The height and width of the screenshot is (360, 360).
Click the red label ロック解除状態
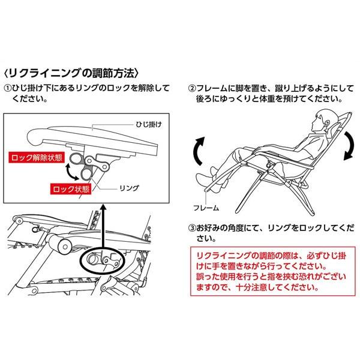coord(37,157)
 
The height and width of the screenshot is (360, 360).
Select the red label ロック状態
coord(71,189)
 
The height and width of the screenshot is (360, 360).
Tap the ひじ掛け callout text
coord(149,125)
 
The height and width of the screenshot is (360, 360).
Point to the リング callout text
coord(129,188)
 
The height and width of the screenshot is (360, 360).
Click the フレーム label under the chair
coord(206,208)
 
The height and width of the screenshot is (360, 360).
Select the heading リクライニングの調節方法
coord(71,73)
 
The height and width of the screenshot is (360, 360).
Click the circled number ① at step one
coord(8,88)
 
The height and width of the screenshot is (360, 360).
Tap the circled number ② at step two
coord(192,88)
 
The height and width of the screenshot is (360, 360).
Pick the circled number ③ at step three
coord(192,228)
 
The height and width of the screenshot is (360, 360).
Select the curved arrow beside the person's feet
coord(198,152)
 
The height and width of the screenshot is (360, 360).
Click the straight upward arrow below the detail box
coord(104,227)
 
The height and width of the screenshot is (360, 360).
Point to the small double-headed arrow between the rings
coord(72,172)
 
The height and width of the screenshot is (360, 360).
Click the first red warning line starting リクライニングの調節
coord(271,256)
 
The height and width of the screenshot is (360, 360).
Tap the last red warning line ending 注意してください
coord(257,287)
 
